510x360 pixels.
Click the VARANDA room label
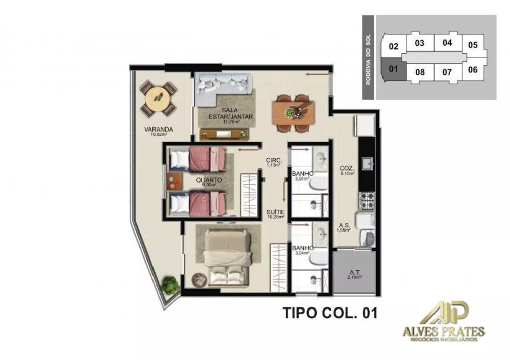[x=158, y=130]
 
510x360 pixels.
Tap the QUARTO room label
[x=209, y=180]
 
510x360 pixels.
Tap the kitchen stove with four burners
[x=367, y=200]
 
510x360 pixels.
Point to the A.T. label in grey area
[x=355, y=272]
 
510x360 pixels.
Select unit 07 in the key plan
[x=447, y=71]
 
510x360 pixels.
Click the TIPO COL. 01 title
[x=330, y=313]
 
